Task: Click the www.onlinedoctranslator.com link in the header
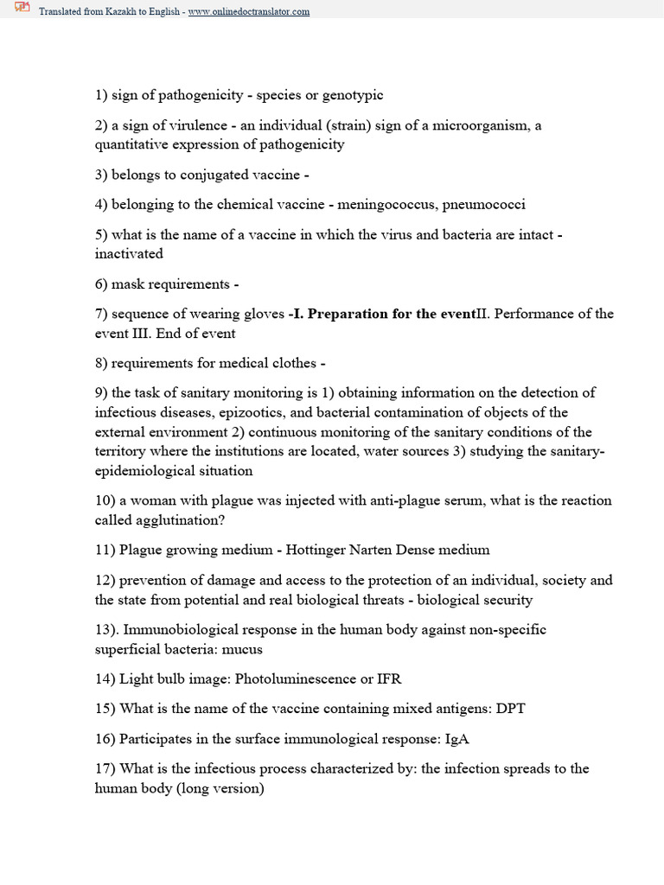pyautogui.click(x=249, y=12)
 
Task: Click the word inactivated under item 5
pyautogui.click(x=129, y=254)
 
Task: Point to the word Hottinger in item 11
pyautogui.click(x=316, y=549)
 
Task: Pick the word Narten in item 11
pyautogui.click(x=374, y=549)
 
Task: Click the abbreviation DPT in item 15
pyautogui.click(x=510, y=709)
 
